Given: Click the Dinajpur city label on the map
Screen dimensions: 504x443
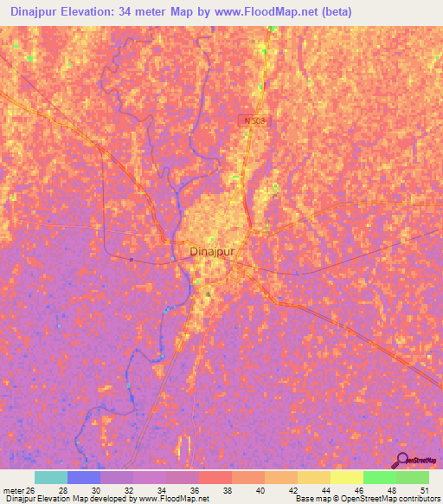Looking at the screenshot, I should tap(212, 252).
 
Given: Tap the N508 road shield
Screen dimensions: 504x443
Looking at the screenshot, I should tap(250, 121).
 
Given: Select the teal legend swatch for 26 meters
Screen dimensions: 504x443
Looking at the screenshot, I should tap(50, 477).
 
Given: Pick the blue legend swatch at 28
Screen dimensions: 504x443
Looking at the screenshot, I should tap(83, 477).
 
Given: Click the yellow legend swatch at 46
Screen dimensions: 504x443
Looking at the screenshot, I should tap(346, 477).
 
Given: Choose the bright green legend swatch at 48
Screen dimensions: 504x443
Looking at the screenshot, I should tap(379, 477).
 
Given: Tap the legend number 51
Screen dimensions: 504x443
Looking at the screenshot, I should tap(424, 490).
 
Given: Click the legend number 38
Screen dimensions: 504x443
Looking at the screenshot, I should tap(227, 490).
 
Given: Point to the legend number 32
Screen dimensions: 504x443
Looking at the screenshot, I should tap(128, 490).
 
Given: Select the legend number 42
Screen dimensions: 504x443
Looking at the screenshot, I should tap(292, 490).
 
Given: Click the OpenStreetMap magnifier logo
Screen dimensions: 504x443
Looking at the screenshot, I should tap(404, 461).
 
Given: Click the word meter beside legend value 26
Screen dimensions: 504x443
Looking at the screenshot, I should tap(13, 490).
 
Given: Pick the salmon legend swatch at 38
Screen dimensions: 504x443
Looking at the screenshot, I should tap(215, 477).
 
